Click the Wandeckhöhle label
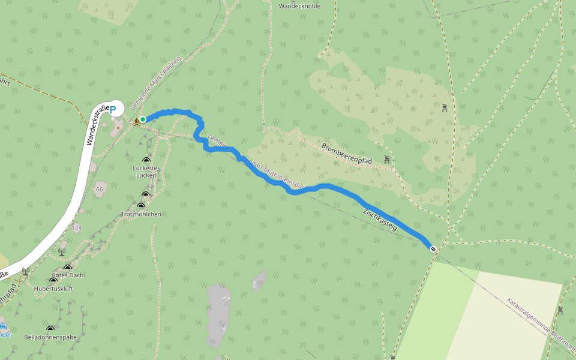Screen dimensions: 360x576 coord(299,5)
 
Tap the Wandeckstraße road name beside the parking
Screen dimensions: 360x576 coord(97,125)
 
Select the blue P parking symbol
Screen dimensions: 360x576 coord(112,110)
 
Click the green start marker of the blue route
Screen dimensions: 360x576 coord(143,119)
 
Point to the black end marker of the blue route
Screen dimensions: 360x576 coord(433,249)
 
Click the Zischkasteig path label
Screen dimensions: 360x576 coord(380,220)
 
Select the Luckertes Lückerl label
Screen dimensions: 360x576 coord(146,172)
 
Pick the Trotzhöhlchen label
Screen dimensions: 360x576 coord(142,214)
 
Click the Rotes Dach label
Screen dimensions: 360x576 coord(68,275)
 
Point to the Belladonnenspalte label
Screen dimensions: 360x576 coord(50,337)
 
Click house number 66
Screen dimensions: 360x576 coord(99,189)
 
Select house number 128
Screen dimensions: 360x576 coord(76,228)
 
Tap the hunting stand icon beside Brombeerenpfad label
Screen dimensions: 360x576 coord(388,160)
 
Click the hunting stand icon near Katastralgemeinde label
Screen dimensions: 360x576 coord(560,310)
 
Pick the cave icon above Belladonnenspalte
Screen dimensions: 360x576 coord(50,328)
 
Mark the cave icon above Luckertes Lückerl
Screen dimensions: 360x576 coord(145,159)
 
